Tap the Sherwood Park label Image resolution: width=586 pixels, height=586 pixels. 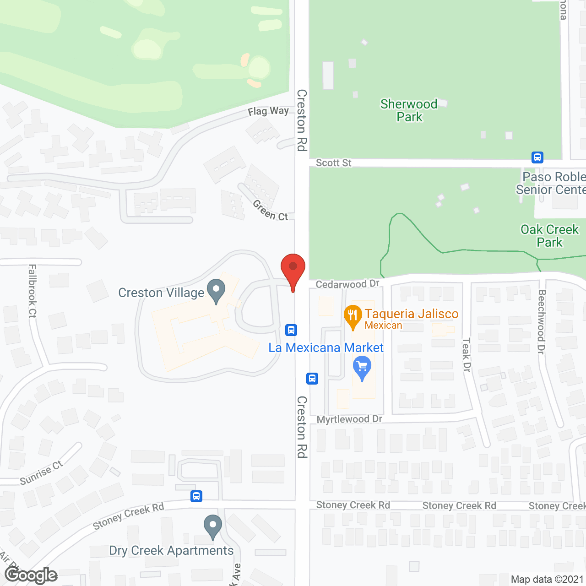pyautogui.click(x=409, y=110)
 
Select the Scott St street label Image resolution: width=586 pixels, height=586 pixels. pyautogui.click(x=333, y=163)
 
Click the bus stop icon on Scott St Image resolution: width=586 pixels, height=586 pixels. pyautogui.click(x=537, y=157)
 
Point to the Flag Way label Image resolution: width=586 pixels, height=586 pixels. pyautogui.click(x=268, y=111)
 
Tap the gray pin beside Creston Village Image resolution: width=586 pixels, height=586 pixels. pyautogui.click(x=216, y=291)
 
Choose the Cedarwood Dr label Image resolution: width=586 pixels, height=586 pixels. pyautogui.click(x=347, y=284)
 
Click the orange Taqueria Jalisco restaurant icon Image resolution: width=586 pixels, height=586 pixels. pyautogui.click(x=353, y=316)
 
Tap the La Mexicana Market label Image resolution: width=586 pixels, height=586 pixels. pyautogui.click(x=326, y=348)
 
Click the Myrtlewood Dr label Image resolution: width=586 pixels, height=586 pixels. pyautogui.click(x=349, y=419)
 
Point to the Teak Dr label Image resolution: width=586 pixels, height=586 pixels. pyautogui.click(x=467, y=355)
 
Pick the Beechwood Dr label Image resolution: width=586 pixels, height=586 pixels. pyautogui.click(x=542, y=321)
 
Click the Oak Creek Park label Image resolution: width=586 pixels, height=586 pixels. pyautogui.click(x=549, y=236)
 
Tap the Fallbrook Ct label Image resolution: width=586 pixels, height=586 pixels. pyautogui.click(x=32, y=291)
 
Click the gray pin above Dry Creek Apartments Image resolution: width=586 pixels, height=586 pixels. pyautogui.click(x=212, y=526)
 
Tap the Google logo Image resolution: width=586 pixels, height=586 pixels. pyautogui.click(x=31, y=575)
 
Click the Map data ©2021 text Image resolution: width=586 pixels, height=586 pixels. pyautogui.click(x=547, y=580)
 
